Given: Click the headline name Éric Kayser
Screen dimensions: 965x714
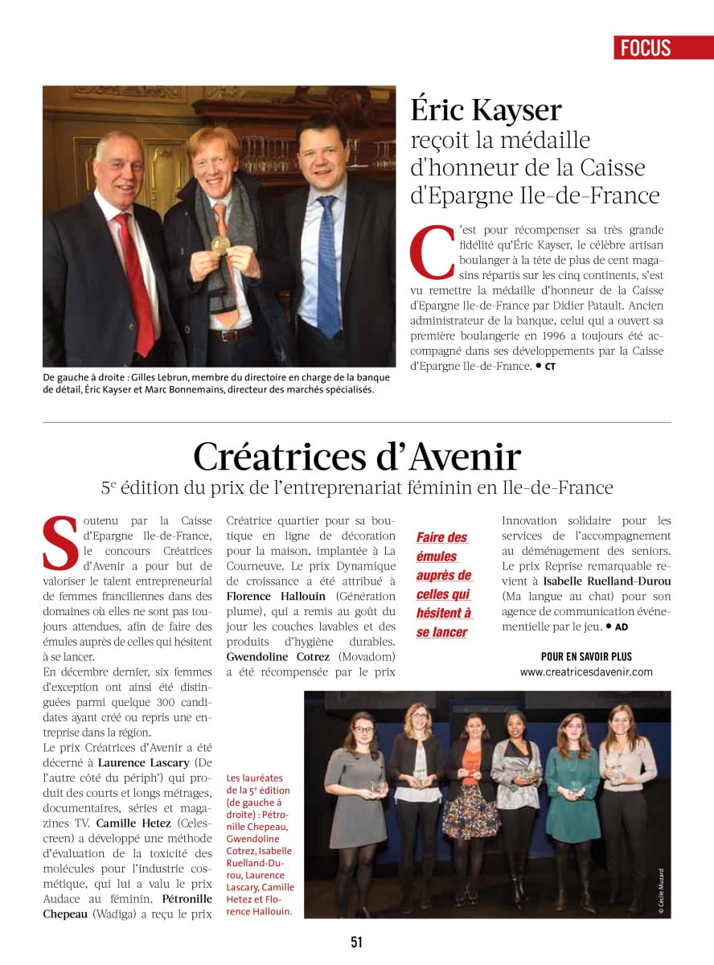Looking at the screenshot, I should tap(486, 109).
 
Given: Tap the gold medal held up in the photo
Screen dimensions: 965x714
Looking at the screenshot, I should tap(220, 244).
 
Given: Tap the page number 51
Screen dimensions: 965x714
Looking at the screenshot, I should tap(356, 942).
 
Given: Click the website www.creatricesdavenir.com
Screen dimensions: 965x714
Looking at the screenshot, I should tap(586, 671).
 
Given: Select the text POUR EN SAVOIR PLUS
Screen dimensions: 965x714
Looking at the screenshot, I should tap(586, 655).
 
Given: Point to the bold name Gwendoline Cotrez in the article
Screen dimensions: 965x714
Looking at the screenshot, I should tap(278, 656).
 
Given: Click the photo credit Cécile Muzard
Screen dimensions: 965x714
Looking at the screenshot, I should tap(661, 891).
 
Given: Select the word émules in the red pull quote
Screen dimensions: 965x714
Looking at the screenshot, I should tap(436, 556).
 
